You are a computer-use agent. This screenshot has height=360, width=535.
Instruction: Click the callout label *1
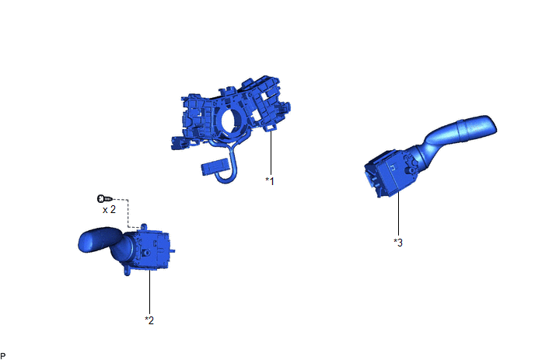tap(270, 181)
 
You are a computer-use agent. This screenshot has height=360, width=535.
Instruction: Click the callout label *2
tap(149, 320)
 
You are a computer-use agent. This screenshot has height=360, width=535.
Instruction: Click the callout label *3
tap(398, 243)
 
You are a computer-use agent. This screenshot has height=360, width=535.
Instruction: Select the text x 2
tap(109, 209)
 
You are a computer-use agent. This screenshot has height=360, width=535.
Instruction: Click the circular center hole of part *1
tap(231, 120)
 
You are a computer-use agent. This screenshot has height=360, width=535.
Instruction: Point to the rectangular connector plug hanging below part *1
tap(215, 167)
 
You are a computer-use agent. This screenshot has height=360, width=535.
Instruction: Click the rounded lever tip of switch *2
tap(89, 240)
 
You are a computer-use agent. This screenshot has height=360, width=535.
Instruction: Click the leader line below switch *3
tap(398, 214)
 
